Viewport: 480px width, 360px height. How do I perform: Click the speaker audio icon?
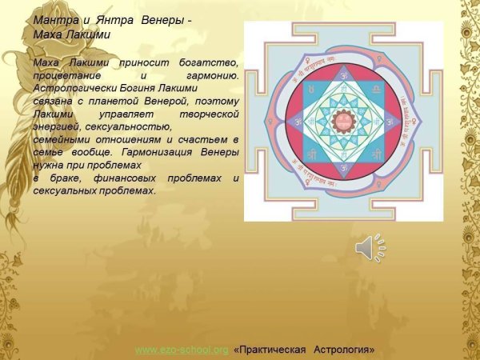(370, 248)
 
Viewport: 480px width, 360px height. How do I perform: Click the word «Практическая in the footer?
(273, 350)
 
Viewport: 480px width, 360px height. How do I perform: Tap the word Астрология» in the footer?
(344, 350)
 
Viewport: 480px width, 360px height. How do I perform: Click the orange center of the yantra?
(345, 122)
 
